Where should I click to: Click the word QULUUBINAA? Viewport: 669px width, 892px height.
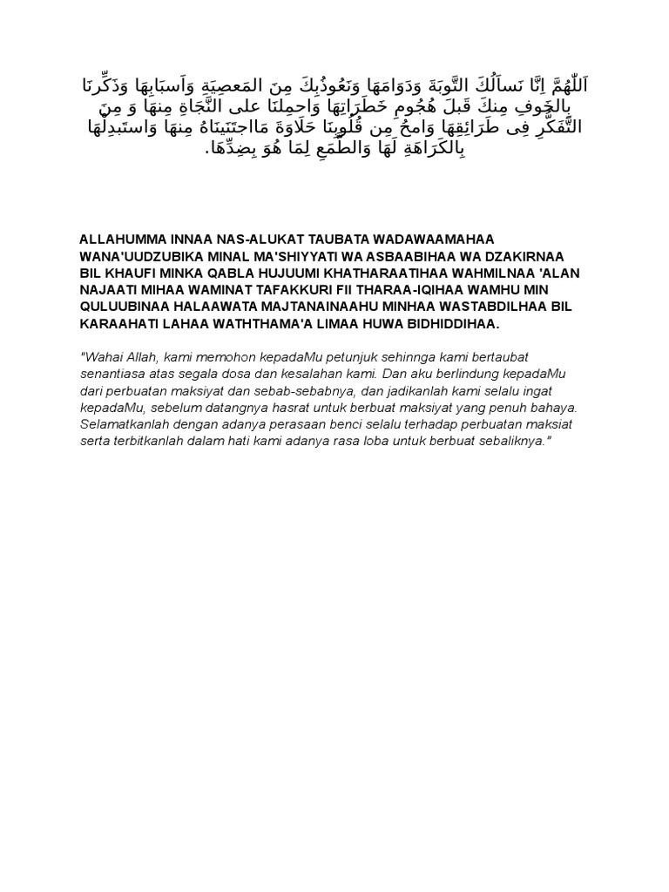pos(121,307)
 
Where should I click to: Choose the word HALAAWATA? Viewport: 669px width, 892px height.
pos(217,307)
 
